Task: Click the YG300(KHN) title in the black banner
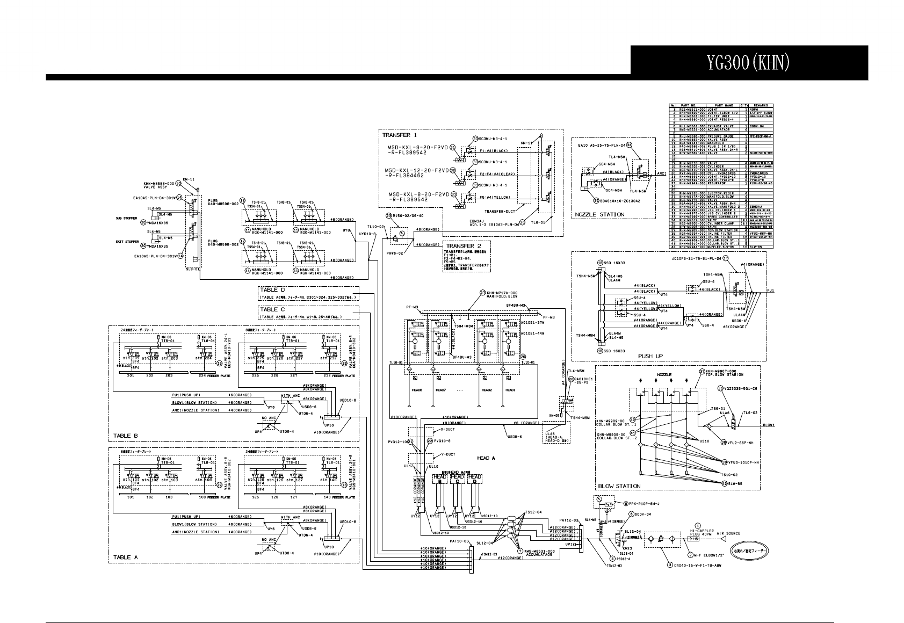click(x=748, y=63)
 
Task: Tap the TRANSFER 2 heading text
click(x=460, y=245)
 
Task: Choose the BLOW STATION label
click(x=619, y=486)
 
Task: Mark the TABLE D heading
click(x=273, y=291)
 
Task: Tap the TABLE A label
click(x=125, y=557)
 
